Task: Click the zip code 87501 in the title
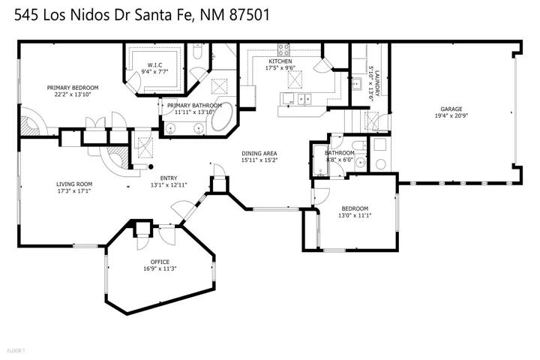[x=249, y=15]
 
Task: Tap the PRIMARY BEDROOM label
[x=73, y=88]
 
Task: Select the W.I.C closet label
[x=154, y=65]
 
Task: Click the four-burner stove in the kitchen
[x=283, y=49]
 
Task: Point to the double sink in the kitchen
[x=304, y=99]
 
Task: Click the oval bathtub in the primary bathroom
[x=223, y=116]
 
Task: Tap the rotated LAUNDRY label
[x=377, y=83]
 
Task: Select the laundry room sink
[x=356, y=84]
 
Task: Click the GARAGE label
[x=451, y=109]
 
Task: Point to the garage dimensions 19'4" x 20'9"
[x=451, y=116]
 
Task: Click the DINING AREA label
[x=259, y=154]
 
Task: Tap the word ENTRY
[x=169, y=178]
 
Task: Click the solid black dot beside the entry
[x=151, y=167]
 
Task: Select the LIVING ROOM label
[x=74, y=184]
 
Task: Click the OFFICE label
[x=160, y=262]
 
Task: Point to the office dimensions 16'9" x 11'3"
[x=160, y=269]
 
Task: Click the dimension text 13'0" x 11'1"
[x=355, y=216]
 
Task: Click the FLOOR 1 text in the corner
[x=16, y=351]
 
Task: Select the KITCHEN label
[x=280, y=61]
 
